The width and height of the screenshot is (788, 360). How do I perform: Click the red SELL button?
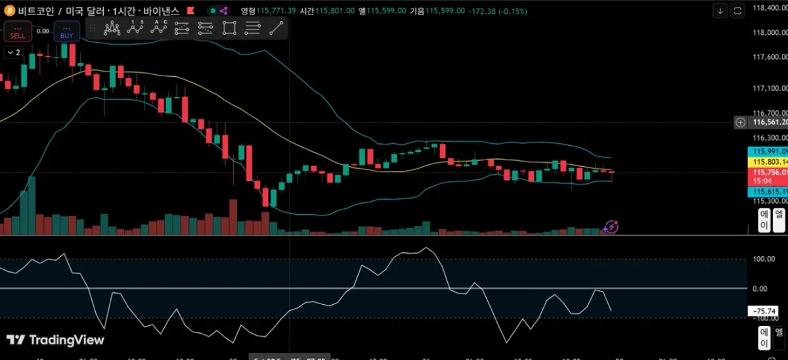coord(17,32)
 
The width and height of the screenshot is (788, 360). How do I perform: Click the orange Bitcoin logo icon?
coord(9,11)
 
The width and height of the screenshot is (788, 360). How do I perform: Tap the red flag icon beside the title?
coord(190,11)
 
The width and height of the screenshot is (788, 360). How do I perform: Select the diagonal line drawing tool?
coord(276,28)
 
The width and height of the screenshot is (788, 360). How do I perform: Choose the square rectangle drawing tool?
coord(229,28)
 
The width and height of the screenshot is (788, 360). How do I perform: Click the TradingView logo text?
coord(56,340)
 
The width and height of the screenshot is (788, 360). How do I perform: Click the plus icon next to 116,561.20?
coord(740,122)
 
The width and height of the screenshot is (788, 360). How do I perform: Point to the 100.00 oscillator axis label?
coord(764,259)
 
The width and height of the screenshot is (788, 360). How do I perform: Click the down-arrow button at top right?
coord(720,11)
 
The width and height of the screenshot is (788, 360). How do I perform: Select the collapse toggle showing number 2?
coord(14,53)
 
